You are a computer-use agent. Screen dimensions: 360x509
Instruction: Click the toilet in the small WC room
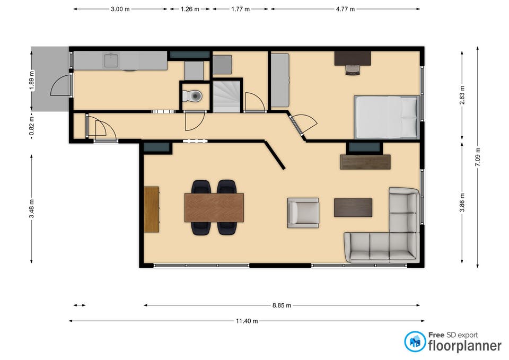pyautogui.click(x=193, y=96)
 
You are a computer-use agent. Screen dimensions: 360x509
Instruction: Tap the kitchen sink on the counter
pyautogui.click(x=111, y=61)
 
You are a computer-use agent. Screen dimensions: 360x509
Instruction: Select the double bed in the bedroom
pyautogui.click(x=387, y=117)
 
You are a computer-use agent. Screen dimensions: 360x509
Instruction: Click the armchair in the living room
pyautogui.click(x=303, y=213)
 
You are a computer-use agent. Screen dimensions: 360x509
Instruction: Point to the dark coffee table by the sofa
pyautogui.click(x=353, y=207)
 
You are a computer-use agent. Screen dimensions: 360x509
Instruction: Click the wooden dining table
pyautogui.click(x=214, y=207)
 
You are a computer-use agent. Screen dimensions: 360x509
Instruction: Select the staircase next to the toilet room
pyautogui.click(x=226, y=95)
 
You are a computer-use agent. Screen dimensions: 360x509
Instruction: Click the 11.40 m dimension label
pyautogui.click(x=247, y=321)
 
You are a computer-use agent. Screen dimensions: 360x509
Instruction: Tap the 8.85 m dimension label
pyautogui.click(x=281, y=305)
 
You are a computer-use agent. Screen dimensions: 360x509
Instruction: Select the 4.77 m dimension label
pyautogui.click(x=345, y=9)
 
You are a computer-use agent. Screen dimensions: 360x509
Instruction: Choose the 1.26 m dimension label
pyautogui.click(x=190, y=9)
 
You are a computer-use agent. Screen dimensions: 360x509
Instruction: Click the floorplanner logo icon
pyautogui.click(x=414, y=341)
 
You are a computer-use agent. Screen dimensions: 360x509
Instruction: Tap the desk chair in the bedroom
pyautogui.click(x=353, y=69)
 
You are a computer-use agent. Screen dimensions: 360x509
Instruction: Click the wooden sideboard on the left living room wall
pyautogui.click(x=152, y=209)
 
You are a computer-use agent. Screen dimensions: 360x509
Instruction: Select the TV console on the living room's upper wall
pyautogui.click(x=365, y=162)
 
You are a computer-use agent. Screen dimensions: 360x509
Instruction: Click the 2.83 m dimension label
pyautogui.click(x=462, y=94)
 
